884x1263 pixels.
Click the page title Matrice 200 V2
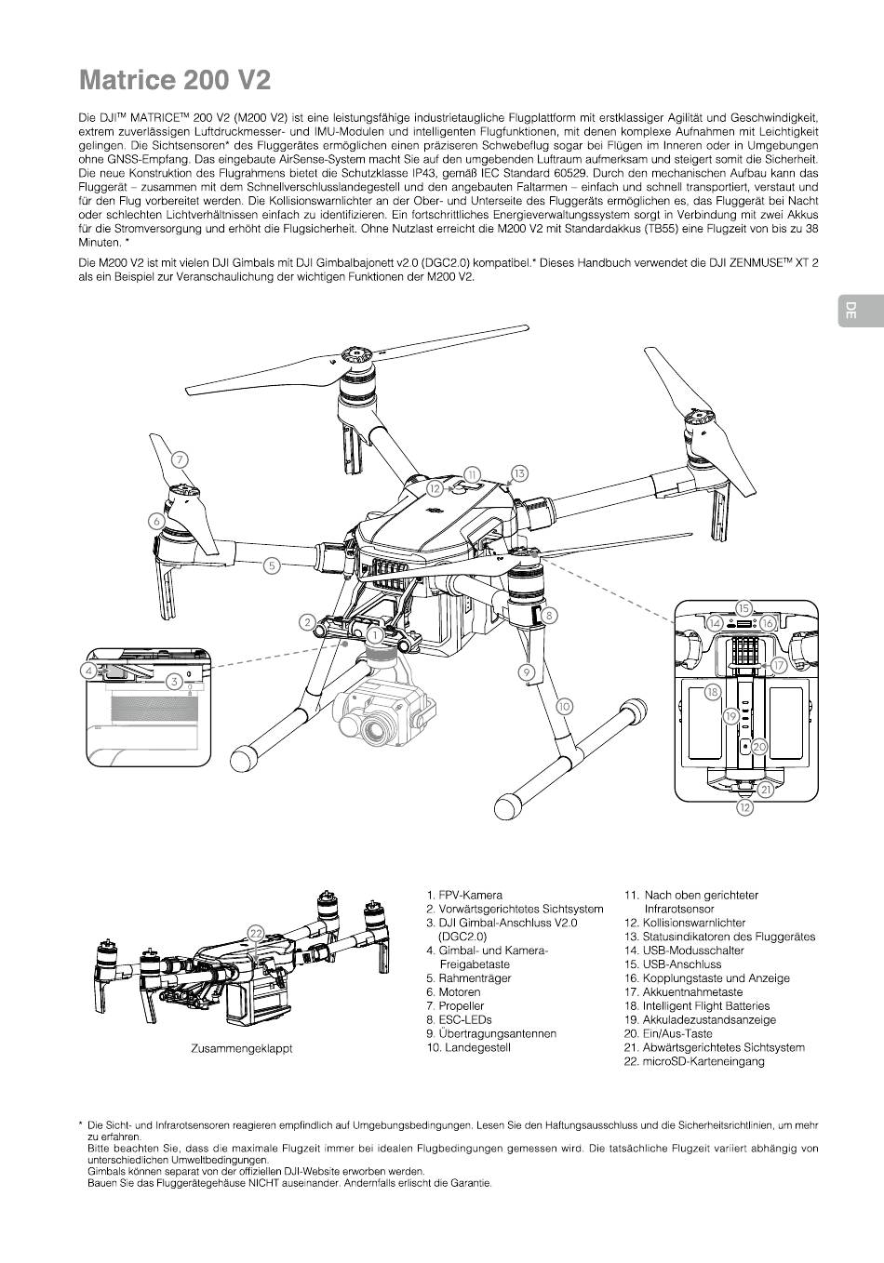(x=175, y=80)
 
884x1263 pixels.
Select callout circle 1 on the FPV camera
(x=373, y=634)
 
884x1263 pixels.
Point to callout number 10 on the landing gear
(x=565, y=706)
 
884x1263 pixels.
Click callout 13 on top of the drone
(x=519, y=473)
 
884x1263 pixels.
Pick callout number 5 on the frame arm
(x=272, y=565)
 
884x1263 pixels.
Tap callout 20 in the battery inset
(x=758, y=747)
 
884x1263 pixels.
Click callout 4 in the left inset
(x=89, y=670)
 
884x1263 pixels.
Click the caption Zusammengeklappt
(x=241, y=1048)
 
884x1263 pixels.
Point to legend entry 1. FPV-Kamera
(x=464, y=895)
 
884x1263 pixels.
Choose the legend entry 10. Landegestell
(x=468, y=1047)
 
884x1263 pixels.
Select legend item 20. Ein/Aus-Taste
(x=667, y=1033)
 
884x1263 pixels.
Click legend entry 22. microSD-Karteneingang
(x=693, y=1061)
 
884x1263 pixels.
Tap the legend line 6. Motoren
(x=453, y=992)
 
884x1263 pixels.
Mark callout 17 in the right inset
(x=779, y=666)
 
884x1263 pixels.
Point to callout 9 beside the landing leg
(x=527, y=671)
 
